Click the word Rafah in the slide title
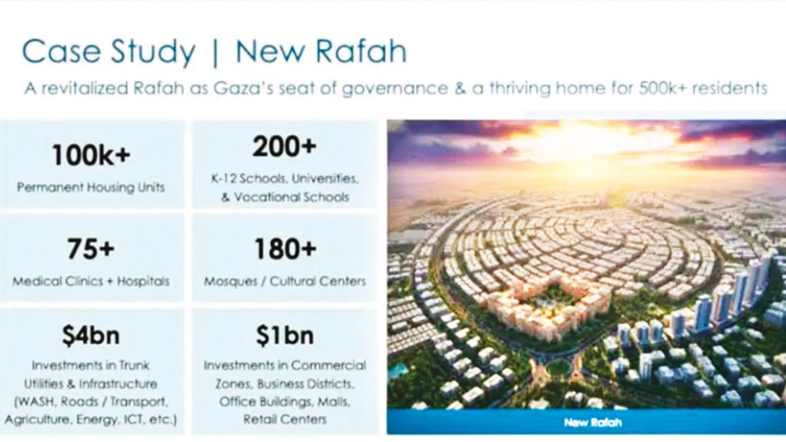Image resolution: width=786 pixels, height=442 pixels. (362, 52)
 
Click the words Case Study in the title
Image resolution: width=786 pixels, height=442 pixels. (109, 53)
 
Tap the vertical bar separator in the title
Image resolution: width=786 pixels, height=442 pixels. (215, 53)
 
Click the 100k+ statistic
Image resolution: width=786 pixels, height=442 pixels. (91, 155)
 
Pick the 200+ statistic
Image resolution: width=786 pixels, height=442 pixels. (284, 147)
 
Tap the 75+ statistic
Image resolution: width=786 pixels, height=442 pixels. (91, 248)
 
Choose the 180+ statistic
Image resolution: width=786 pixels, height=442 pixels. (285, 248)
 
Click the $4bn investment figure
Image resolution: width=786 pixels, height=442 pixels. (91, 336)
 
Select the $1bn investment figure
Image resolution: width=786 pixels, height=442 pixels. (284, 336)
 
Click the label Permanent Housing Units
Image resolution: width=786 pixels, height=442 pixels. (91, 188)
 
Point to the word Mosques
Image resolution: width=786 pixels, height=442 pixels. (231, 282)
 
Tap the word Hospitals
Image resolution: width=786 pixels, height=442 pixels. (143, 282)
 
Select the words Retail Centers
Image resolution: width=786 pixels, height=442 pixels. (285, 419)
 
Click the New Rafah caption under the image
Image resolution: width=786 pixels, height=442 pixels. (593, 422)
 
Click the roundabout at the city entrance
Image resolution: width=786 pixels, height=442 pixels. (559, 366)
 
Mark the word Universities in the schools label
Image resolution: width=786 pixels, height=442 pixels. (325, 179)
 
